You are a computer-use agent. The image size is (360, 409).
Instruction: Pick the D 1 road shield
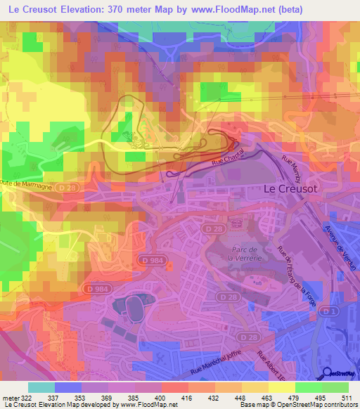pyautogui.click(x=332, y=310)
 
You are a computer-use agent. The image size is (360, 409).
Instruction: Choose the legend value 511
pyautogui.click(x=347, y=398)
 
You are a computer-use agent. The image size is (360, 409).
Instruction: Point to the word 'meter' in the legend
pyautogui.click(x=10, y=398)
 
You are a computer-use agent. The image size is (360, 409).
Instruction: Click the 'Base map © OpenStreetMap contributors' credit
pyautogui.click(x=300, y=405)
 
